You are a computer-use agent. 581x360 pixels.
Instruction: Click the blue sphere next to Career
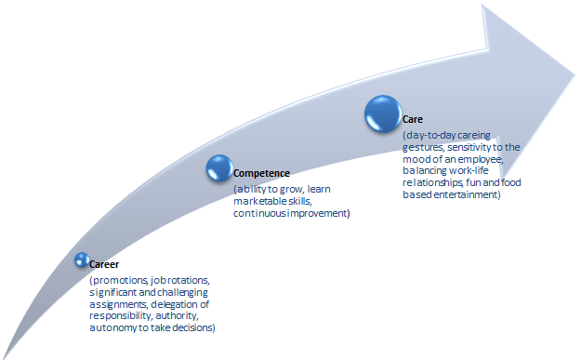(81, 261)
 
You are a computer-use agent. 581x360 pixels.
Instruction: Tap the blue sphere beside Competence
(218, 167)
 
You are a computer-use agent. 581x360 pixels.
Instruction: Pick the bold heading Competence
(262, 174)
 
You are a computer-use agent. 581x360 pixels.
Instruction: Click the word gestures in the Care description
(423, 148)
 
